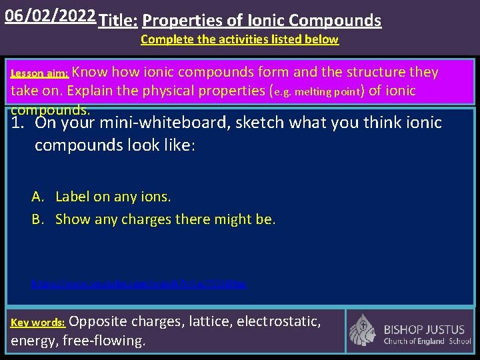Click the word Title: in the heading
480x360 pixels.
pos(119,21)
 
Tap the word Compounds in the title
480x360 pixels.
pos(335,21)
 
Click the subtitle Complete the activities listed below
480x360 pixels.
pos(239,39)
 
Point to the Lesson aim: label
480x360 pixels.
pos(40,74)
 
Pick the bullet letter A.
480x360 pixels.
pos(37,197)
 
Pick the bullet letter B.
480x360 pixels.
pos(37,219)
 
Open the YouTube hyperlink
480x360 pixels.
pos(140,284)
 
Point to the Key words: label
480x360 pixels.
pos(38,323)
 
